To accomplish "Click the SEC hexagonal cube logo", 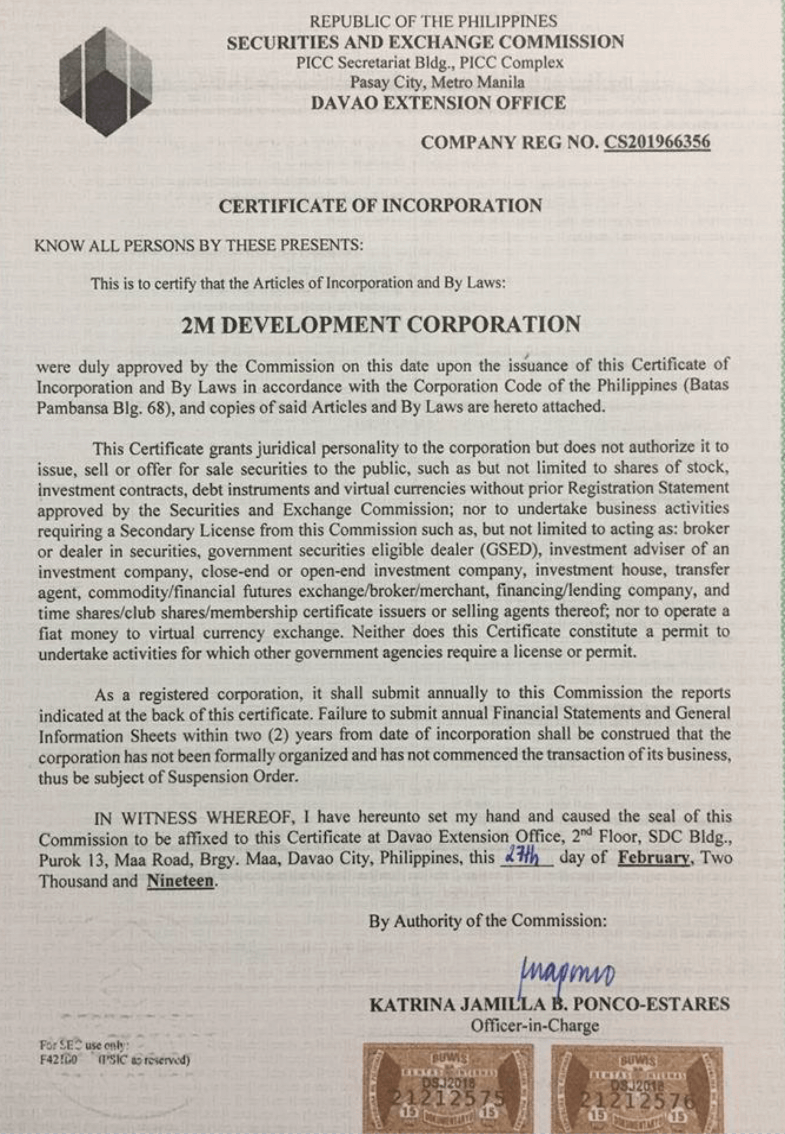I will [x=105, y=81].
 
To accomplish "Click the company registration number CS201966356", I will [x=656, y=142].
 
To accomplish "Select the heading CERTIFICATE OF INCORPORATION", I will [x=380, y=205].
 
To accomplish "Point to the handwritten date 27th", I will [x=525, y=858].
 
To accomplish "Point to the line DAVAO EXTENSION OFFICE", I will [x=438, y=103].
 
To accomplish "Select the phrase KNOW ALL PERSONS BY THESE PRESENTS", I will [x=199, y=245].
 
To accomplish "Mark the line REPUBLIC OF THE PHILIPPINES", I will [x=433, y=21].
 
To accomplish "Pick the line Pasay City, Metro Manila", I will [x=437, y=82].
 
